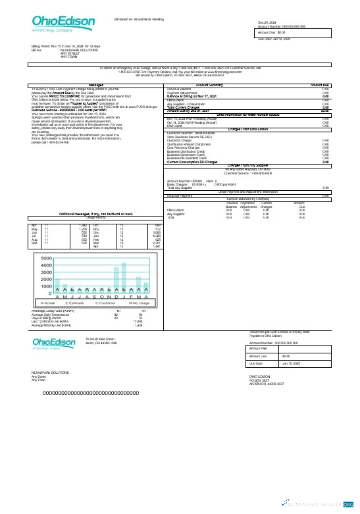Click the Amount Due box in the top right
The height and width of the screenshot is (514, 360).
[x=292, y=32]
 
